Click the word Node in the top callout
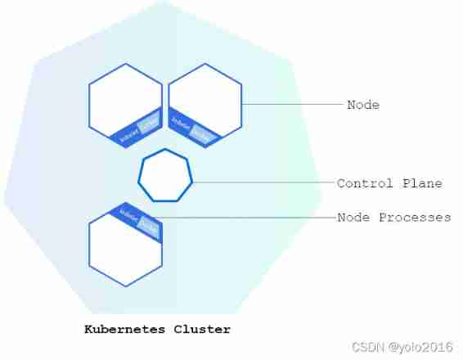363,106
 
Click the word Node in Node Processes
353,218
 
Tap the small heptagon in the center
165,176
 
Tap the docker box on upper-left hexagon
148,124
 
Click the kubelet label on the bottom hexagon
128,214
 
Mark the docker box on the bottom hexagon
147,224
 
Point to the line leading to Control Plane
262,182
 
